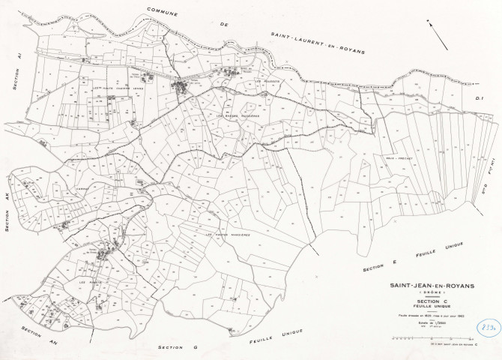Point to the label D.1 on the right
[481, 96]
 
